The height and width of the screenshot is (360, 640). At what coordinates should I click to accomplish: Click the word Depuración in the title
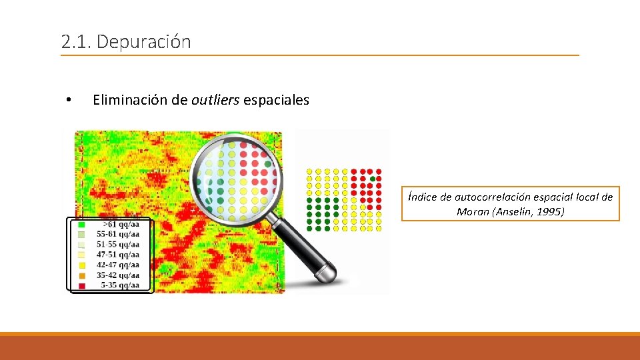[143, 42]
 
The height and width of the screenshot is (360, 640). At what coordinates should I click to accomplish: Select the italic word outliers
[215, 100]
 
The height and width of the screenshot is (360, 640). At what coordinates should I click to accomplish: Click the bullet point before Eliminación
[68, 101]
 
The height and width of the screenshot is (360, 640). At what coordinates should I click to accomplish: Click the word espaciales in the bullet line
[276, 100]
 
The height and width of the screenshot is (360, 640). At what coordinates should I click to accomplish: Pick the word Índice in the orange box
[422, 197]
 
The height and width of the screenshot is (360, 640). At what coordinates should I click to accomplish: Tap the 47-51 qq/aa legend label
[118, 255]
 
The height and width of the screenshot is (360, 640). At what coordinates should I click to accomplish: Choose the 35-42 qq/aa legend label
[118, 275]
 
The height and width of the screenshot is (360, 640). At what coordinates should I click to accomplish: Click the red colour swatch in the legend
[82, 285]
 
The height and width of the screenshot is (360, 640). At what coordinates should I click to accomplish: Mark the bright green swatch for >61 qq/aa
[82, 225]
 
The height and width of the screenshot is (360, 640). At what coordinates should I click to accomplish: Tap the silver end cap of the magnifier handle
[327, 274]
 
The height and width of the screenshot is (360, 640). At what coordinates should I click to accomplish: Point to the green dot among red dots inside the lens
[268, 163]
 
